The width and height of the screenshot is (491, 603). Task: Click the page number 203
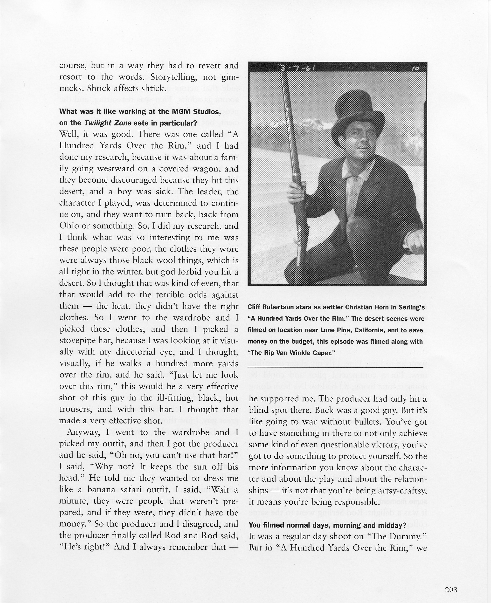(x=451, y=582)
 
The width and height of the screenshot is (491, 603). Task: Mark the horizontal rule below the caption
(x=335, y=368)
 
